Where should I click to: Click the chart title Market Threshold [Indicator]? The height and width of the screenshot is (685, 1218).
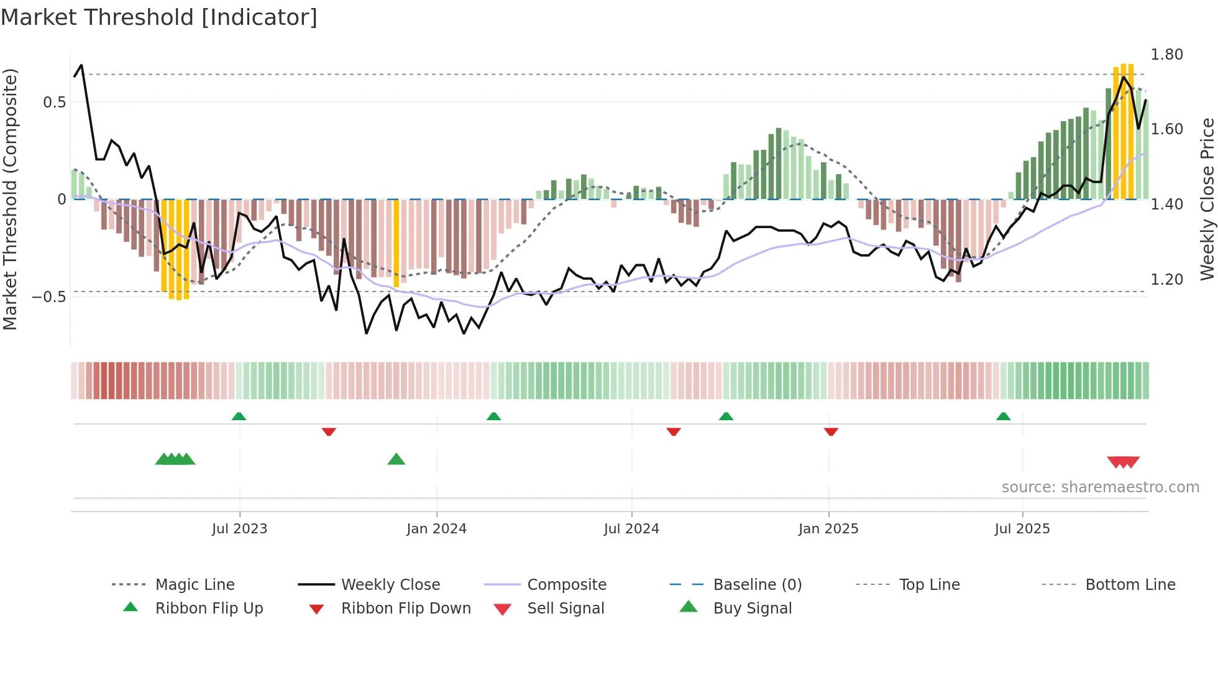coord(159,17)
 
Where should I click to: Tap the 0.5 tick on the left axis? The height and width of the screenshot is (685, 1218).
coord(55,103)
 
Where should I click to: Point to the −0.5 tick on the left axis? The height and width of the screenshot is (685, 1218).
coord(50,297)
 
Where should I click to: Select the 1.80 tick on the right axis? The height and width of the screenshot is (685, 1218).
coord(1166,55)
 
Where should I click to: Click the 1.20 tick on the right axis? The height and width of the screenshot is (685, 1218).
coord(1166,279)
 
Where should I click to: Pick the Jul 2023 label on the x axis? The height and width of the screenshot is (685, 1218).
coord(239,528)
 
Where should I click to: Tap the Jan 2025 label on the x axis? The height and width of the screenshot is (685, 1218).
coord(828,528)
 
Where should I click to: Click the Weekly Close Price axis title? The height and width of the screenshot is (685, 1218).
coord(1207,199)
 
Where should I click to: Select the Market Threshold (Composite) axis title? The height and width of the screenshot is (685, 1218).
coord(11,199)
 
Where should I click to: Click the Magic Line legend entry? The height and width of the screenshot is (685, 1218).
coord(195,584)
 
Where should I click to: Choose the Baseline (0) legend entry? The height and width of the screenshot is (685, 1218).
coord(757,584)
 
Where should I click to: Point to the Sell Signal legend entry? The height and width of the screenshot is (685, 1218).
coord(565,608)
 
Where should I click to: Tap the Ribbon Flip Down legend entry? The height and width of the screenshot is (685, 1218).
coord(405,608)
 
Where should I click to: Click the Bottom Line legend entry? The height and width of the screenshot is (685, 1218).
coord(1130,584)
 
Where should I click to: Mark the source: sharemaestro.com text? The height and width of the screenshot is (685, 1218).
coord(1100,487)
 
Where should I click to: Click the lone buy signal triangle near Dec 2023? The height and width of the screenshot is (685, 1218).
coord(396,459)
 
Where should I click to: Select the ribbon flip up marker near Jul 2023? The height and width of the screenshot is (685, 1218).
coord(239,416)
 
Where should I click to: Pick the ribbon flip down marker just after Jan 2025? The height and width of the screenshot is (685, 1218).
coord(831,431)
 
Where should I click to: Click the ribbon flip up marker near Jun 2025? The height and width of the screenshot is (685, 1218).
coord(1003,416)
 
